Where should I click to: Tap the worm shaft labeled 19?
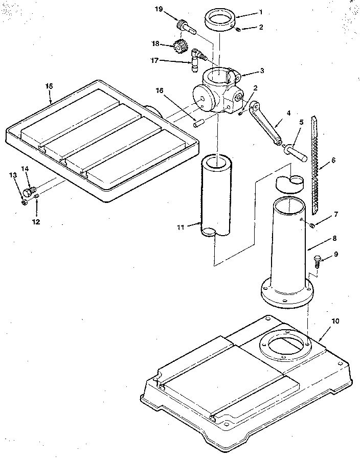(185, 26)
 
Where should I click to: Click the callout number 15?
(49, 86)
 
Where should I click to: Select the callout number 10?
(335, 321)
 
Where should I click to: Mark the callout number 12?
(36, 221)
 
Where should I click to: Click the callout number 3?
(262, 71)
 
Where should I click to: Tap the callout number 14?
(25, 169)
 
